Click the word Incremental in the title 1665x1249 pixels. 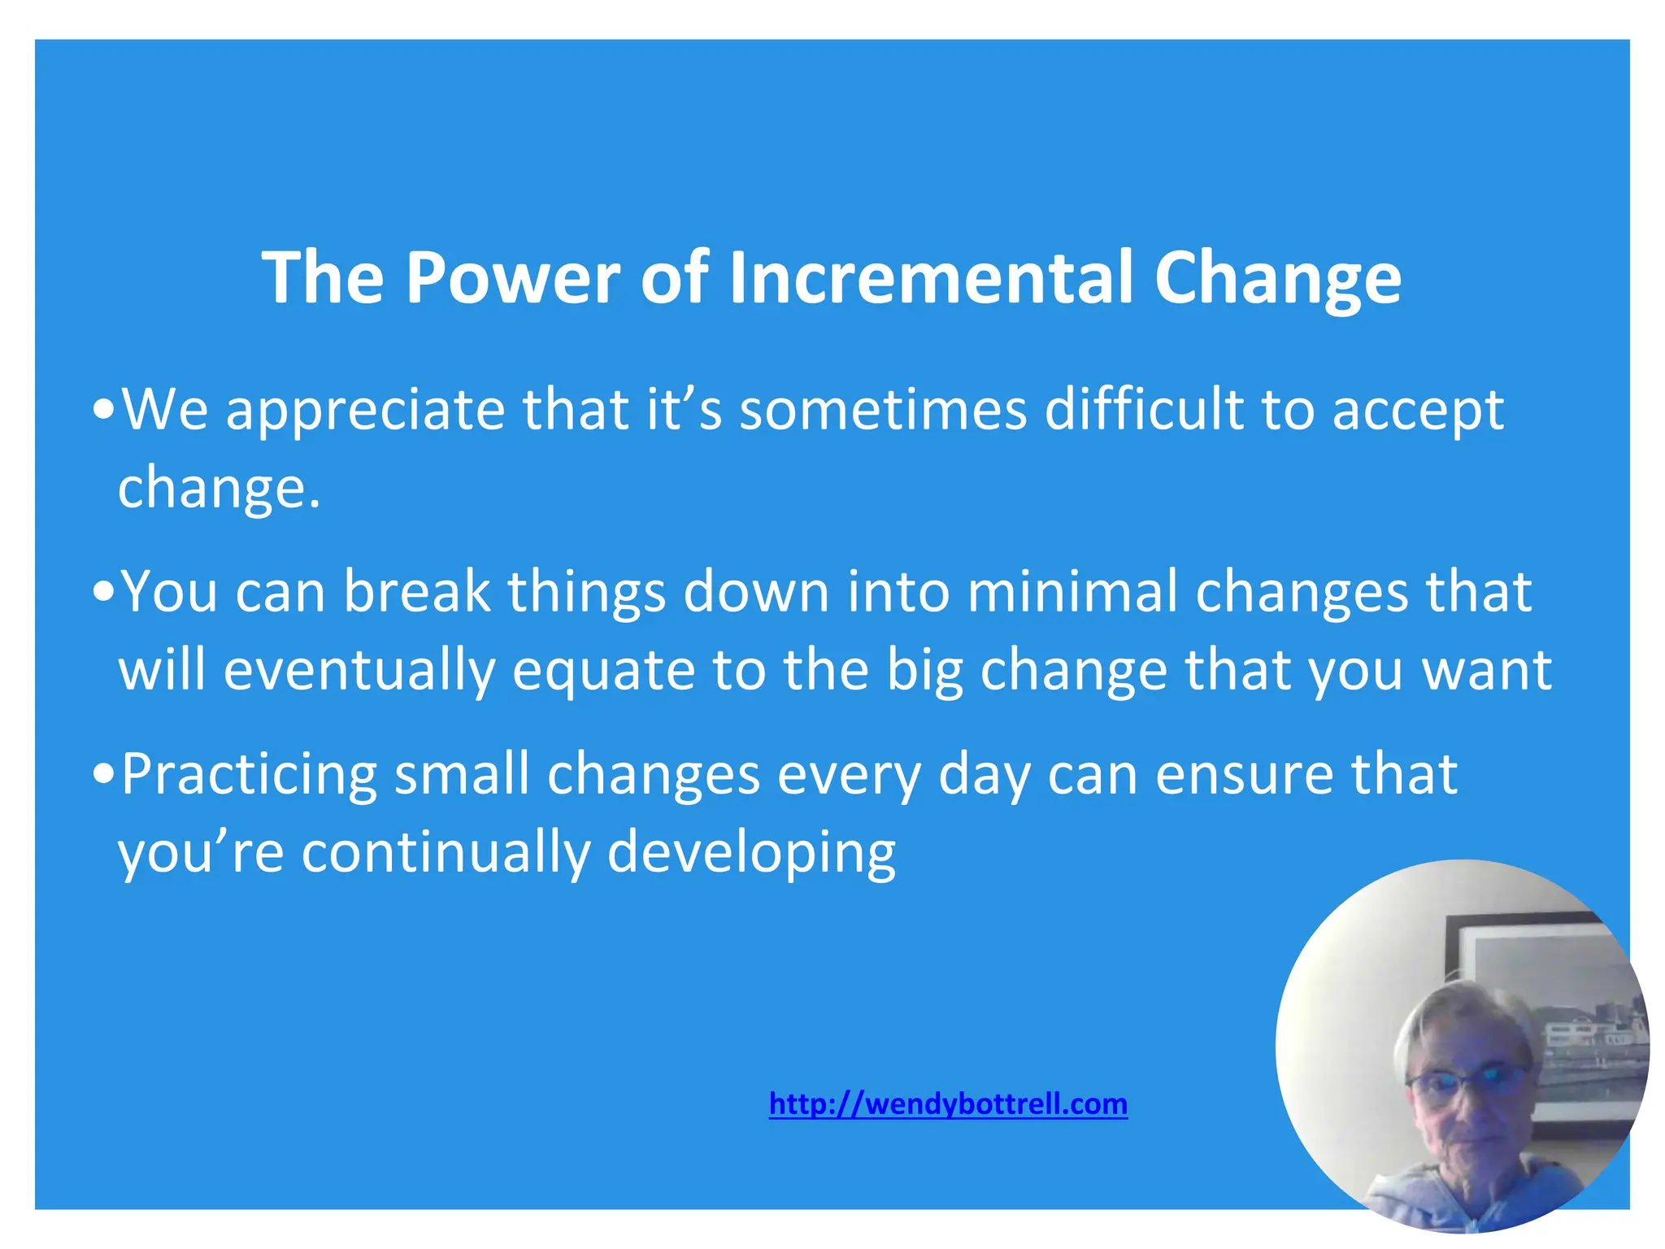(x=932, y=277)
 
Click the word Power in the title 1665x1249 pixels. (x=512, y=277)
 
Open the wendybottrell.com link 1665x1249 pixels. (x=948, y=1104)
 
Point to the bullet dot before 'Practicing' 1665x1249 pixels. (x=103, y=775)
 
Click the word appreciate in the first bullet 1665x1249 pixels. (x=365, y=411)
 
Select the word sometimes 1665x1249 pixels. (x=883, y=409)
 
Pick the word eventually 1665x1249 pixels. (x=359, y=671)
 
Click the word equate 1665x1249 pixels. (x=603, y=672)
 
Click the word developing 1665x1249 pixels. (x=751, y=855)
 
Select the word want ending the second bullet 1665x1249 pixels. (x=1487, y=671)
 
